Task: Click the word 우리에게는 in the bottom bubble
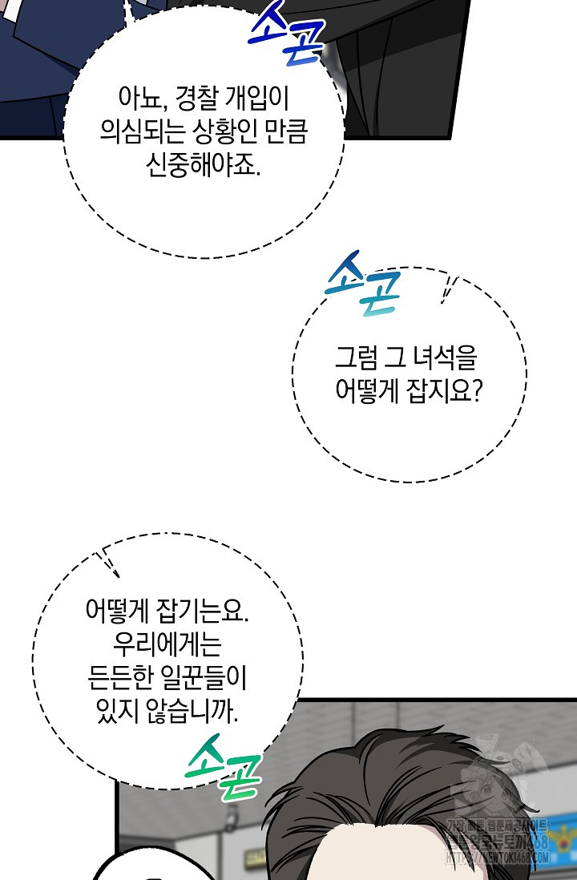pyautogui.click(x=167, y=645)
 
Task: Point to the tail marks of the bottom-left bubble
pyautogui.click(x=108, y=563)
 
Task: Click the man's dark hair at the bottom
pyautogui.click(x=353, y=785)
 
